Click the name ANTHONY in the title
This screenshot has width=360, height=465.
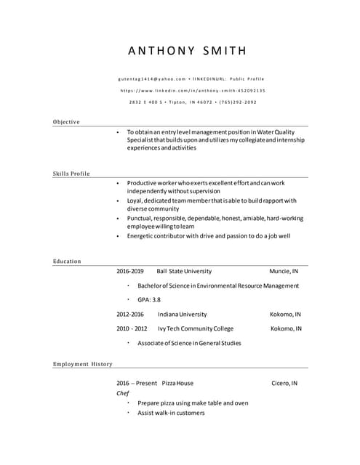[x=161, y=51]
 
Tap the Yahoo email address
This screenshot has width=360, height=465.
[x=151, y=78]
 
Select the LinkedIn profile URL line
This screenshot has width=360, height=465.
[x=193, y=90]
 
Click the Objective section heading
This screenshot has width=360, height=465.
[x=66, y=121]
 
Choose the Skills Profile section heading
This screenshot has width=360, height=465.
[x=71, y=174]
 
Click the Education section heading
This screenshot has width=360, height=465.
[x=67, y=261]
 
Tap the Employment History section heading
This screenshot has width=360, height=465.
[x=82, y=363]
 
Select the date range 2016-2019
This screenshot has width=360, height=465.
[x=130, y=271]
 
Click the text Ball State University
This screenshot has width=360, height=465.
[x=184, y=271]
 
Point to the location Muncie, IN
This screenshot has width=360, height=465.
[x=284, y=271]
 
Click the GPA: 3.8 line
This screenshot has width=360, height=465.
[x=149, y=299]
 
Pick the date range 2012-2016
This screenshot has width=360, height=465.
[x=130, y=314]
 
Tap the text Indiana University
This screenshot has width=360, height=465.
[x=182, y=314]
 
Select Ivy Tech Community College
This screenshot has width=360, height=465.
[x=195, y=328]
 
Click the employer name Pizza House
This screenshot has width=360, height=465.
[x=177, y=382]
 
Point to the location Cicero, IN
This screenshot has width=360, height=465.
[x=284, y=382]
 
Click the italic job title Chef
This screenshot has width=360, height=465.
[x=123, y=392]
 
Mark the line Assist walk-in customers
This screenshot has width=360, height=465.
[x=171, y=413]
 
